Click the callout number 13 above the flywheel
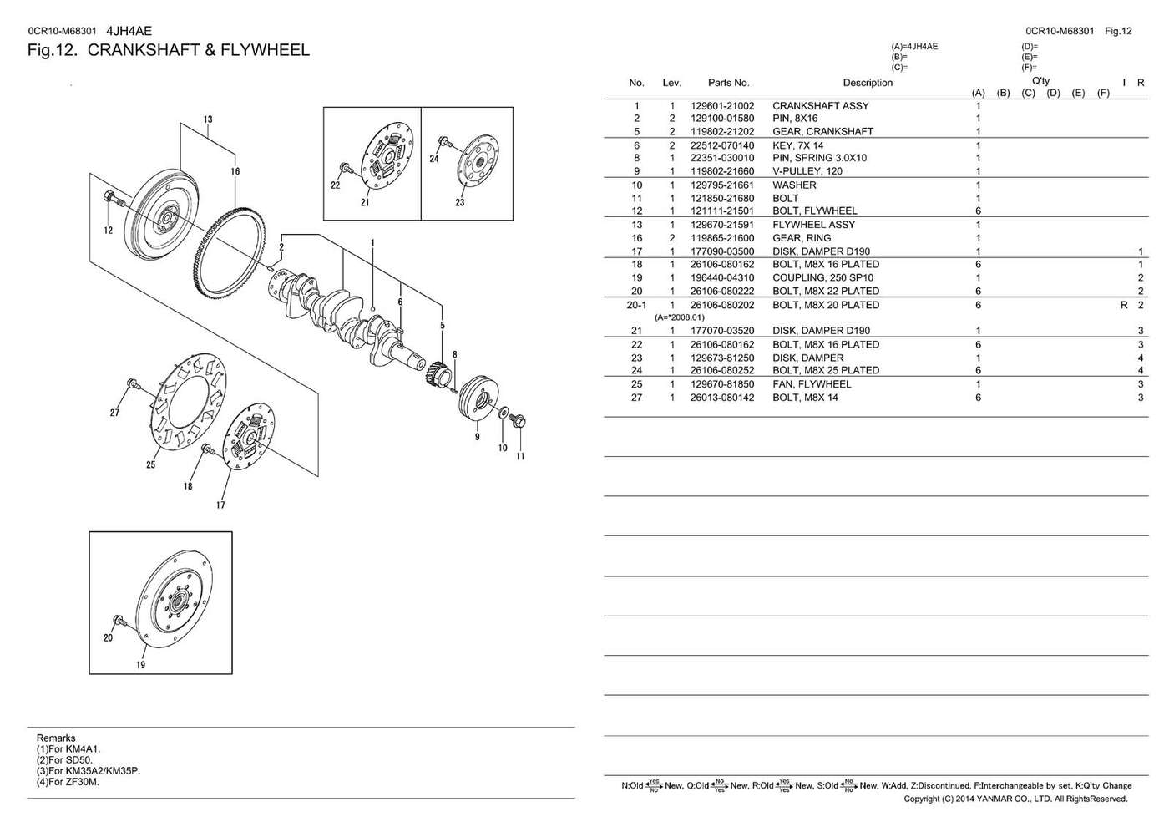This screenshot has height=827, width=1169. click(x=208, y=119)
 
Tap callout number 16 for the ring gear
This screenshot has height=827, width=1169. click(x=235, y=171)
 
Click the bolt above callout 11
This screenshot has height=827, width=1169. click(x=518, y=421)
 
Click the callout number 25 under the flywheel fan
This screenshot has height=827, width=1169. click(x=150, y=464)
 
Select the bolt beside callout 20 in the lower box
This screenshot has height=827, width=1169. click(x=118, y=621)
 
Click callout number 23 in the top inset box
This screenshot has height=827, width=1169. click(x=459, y=202)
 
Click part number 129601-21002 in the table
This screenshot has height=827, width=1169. click(x=722, y=106)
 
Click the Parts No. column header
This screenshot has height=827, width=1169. click(x=728, y=83)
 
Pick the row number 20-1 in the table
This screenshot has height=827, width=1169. click(x=636, y=306)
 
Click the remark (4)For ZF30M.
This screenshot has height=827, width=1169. click(x=68, y=782)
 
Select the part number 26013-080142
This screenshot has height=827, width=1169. click(x=722, y=398)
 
